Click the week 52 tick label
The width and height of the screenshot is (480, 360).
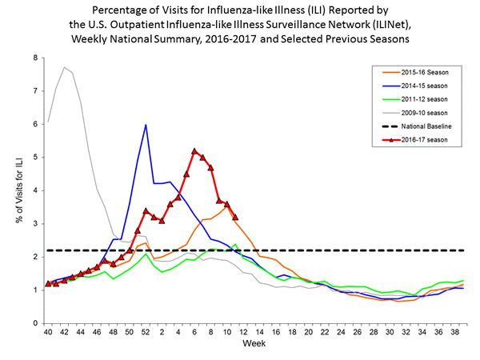coord(146,332)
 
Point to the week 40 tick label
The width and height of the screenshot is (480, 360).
coord(48,332)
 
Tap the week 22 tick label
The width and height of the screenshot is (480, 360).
coord(324,332)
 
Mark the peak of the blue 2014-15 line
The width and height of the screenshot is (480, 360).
coord(146,125)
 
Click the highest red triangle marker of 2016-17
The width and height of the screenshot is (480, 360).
coord(194,150)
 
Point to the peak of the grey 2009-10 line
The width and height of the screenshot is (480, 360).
coord(64,67)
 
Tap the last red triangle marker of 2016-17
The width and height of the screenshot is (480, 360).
coord(235,217)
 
